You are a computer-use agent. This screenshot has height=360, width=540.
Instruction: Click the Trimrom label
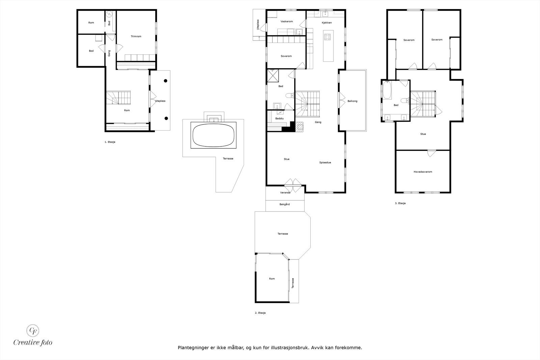136,36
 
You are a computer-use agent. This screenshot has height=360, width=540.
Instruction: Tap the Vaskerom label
287,22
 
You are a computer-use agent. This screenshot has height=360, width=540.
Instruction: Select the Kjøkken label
327,23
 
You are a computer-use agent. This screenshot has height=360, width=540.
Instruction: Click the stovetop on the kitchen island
327,37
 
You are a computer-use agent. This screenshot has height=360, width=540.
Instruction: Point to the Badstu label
279,118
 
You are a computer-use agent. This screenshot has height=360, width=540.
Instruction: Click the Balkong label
352,101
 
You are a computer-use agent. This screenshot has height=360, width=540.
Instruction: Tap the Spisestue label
325,162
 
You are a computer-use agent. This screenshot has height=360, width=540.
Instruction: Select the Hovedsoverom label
423,172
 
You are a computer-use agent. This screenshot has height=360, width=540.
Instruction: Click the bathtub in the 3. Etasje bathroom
387,90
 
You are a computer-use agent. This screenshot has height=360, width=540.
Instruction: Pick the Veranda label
285,193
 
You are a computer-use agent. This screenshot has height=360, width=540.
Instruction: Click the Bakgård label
285,204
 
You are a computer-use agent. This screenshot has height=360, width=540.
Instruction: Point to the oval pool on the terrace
213,135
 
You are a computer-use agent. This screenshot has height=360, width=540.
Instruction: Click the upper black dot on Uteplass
166,81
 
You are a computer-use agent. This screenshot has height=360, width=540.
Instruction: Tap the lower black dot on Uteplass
166,118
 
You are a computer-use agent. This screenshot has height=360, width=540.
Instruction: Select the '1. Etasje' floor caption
110,142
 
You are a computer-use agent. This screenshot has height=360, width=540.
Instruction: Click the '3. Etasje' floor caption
400,203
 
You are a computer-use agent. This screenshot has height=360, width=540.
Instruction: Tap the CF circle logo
32,331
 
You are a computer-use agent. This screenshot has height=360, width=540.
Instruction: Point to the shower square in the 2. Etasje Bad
273,76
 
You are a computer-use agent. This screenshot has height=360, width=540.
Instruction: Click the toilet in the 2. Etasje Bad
290,96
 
